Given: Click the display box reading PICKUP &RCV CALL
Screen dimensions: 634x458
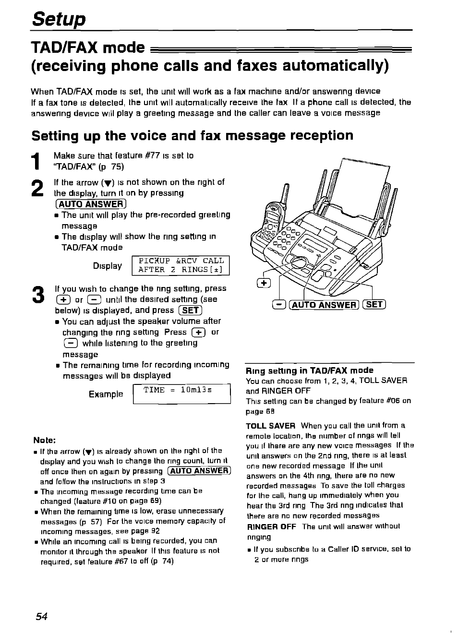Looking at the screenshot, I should coord(181,265).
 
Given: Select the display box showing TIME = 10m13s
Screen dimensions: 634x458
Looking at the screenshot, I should coord(181,394).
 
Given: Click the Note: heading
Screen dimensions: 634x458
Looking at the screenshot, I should coord(45,440).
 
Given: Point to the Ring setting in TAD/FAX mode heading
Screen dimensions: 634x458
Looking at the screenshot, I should coord(309,370).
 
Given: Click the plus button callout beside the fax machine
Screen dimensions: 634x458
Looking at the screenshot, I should coord(264,283).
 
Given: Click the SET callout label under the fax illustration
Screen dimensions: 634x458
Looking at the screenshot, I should coord(374,304).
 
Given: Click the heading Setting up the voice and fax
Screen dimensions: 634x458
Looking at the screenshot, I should coord(192,136).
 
